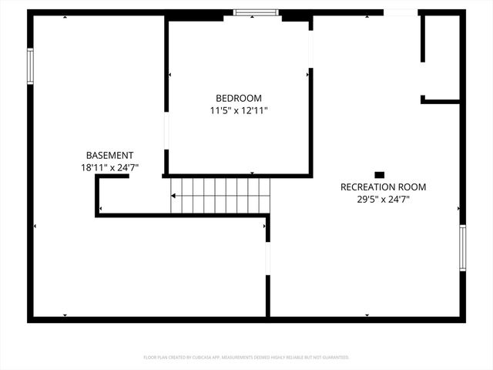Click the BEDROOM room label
(238, 98)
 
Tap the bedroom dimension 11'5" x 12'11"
(238, 110)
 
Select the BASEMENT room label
(109, 155)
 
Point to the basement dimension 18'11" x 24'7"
(109, 167)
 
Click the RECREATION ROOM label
(383, 187)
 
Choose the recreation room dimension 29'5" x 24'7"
(383, 199)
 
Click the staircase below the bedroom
(220, 195)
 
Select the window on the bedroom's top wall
(255, 12)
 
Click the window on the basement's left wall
(31, 66)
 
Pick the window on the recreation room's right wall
(462, 247)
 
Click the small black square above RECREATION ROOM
(379, 174)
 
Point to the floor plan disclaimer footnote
(246, 357)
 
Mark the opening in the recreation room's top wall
(400, 12)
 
